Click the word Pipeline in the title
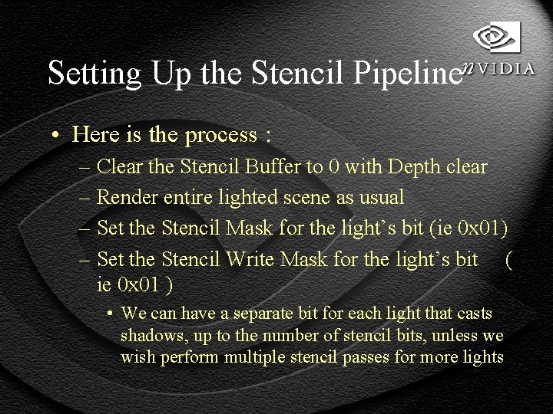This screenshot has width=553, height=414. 411,72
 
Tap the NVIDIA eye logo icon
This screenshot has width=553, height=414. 496,36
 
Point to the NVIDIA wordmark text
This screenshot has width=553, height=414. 499,68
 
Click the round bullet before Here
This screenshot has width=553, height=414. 56,136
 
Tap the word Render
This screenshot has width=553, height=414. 128,197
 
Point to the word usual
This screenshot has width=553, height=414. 379,197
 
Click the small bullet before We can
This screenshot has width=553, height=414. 111,314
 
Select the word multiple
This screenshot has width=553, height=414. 280,356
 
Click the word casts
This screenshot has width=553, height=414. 476,314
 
